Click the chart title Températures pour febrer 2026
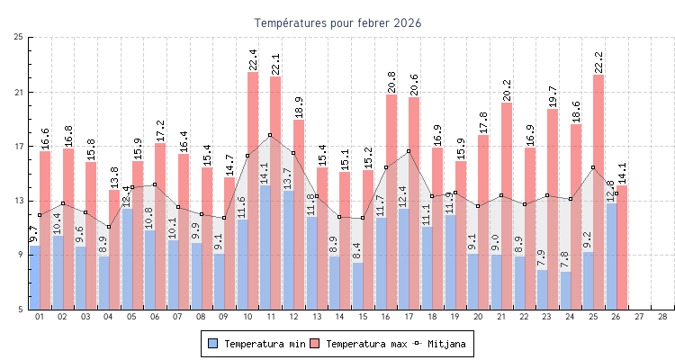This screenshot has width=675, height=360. point(337,22)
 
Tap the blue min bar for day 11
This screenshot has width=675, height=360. point(265,247)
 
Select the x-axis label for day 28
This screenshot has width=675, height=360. point(662,317)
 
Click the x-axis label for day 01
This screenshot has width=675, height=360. point(39,317)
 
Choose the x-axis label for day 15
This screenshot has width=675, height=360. point(363,317)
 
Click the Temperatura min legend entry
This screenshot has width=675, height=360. point(257,344)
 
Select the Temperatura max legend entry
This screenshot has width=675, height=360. point(358,344)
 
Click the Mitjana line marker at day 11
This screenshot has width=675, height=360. point(270,135)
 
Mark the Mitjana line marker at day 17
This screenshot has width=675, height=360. point(409,151)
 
